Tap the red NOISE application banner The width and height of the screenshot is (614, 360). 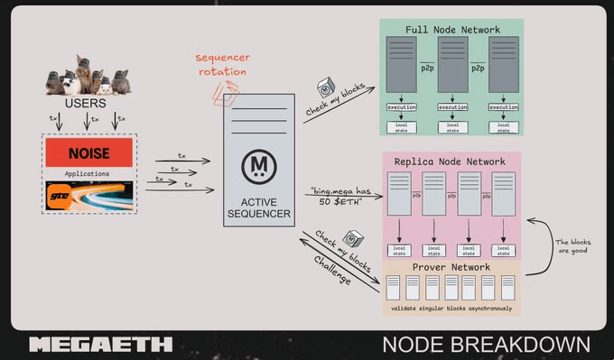point(88,153)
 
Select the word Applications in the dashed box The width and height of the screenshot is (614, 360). point(88,173)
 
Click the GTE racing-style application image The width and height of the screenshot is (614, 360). point(88,195)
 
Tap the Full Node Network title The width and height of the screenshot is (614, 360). point(452,30)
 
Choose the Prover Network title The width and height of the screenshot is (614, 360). point(451,267)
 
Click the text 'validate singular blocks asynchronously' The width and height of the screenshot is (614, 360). point(451,309)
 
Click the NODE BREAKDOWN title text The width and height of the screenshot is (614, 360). point(486,345)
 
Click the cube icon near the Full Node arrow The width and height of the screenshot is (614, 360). point(327,89)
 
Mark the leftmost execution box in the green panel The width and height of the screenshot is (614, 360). point(402,107)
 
